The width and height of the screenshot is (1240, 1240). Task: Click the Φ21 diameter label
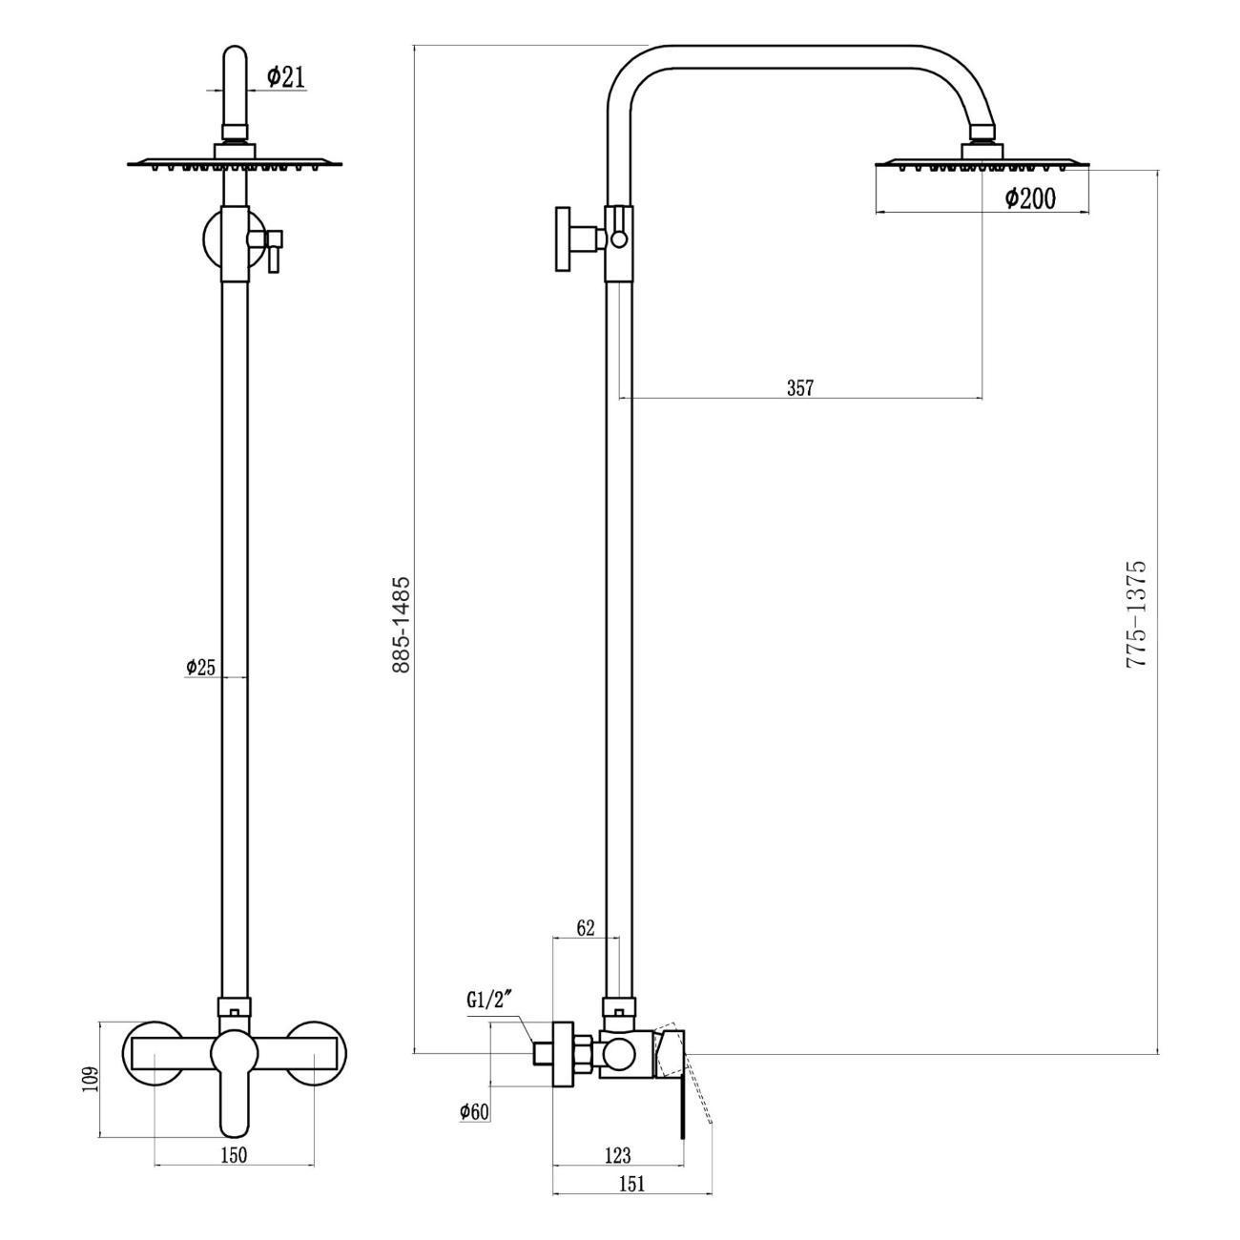286,77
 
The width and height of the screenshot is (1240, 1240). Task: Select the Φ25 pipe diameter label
200,668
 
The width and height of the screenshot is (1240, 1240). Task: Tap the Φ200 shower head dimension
1030,198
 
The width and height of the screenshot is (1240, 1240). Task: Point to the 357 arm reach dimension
799,387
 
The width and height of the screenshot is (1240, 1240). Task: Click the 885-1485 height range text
402,624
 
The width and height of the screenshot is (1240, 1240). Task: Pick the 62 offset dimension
586,927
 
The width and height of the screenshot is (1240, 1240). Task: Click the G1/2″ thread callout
490,1001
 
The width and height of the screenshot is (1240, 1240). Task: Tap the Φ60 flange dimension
474,1111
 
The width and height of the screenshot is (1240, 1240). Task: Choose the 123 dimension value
617,1155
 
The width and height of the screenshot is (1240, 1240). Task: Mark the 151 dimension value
630,1184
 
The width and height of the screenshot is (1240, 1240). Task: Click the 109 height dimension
90,1079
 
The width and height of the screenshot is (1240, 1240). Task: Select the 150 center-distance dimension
234,1155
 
